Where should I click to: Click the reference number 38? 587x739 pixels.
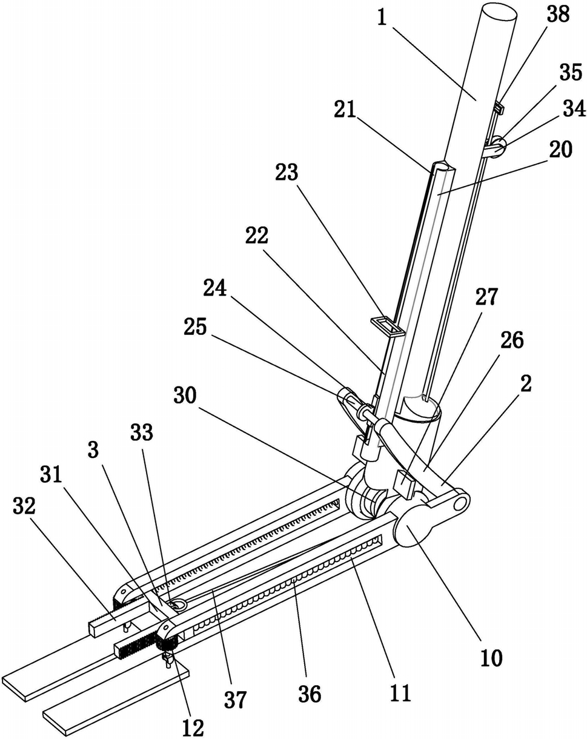(558, 16)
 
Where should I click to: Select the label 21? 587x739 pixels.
(345, 110)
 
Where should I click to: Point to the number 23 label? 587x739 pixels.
(287, 173)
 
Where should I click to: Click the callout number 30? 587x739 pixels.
(185, 396)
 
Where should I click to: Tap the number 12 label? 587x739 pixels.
(193, 725)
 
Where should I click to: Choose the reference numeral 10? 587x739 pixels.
(491, 658)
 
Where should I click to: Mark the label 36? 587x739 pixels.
(310, 694)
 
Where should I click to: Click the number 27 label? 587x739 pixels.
(486, 297)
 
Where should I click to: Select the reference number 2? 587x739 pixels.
(526, 383)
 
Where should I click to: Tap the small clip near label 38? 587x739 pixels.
(499, 108)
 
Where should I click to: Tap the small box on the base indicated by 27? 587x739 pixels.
(405, 484)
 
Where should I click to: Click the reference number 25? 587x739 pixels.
(195, 326)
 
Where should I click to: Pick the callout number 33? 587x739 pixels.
(142, 432)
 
